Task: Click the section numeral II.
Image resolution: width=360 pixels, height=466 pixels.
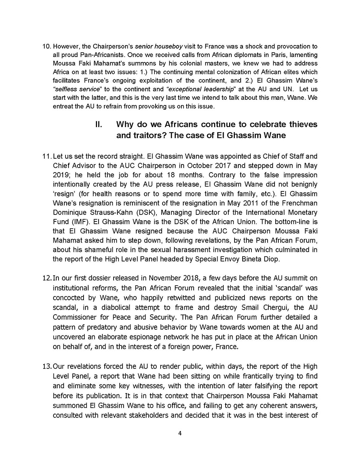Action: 99,124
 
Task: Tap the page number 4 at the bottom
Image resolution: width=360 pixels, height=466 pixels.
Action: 180,433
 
